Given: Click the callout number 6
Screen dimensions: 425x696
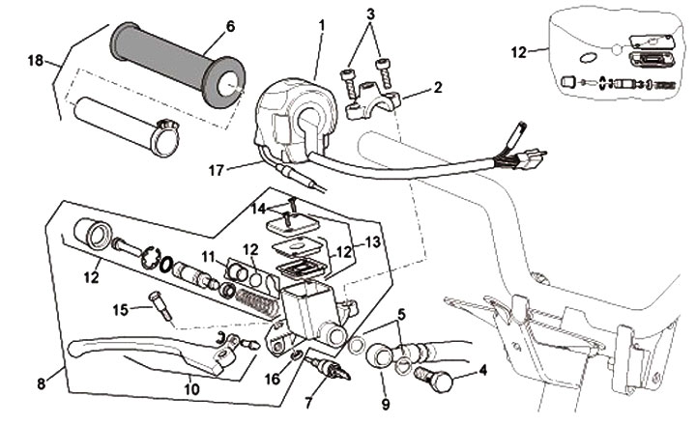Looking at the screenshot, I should click(230, 27).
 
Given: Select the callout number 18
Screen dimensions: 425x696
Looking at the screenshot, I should click(37, 60).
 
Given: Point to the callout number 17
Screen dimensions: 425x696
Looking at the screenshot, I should click(217, 170).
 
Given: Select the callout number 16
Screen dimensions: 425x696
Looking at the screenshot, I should click(273, 381).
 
